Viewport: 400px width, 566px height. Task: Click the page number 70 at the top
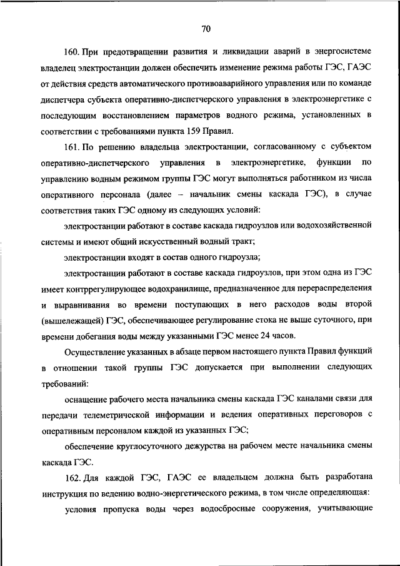coord(207,28)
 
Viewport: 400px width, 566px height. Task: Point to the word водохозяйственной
coord(330,225)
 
